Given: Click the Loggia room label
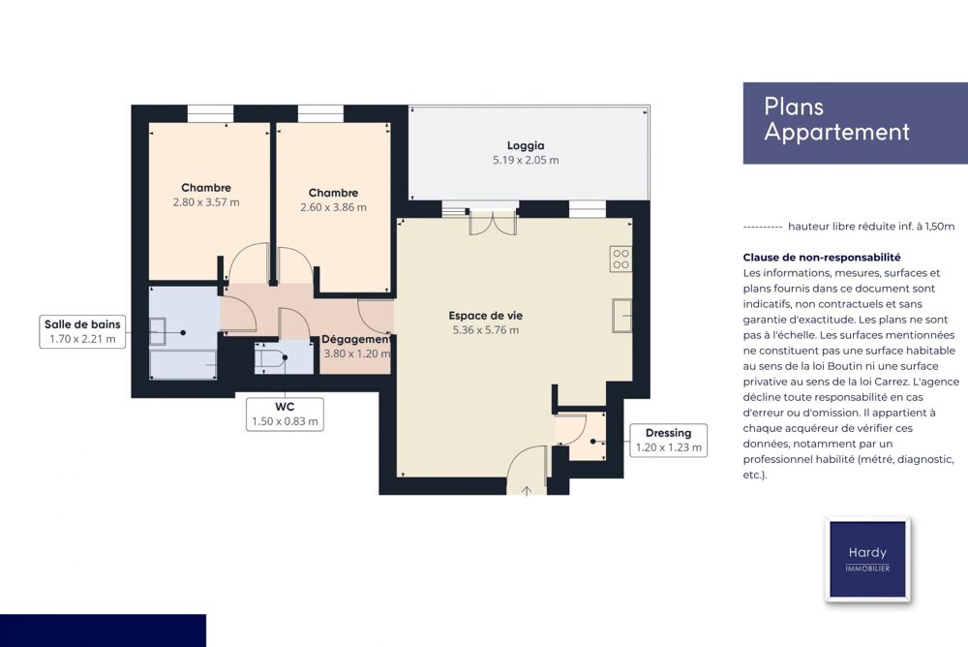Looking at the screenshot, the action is pos(526,146).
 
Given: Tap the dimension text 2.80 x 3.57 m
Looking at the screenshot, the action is pos(206,202).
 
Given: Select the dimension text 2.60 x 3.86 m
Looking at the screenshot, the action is pos(333,207).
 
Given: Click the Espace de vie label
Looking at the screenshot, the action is pos(486,316).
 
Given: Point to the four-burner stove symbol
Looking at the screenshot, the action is pos(621,260).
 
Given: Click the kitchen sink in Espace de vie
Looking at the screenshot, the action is pos(622,315).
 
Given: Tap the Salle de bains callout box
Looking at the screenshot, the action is pos(82,332).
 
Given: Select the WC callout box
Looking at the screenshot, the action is pos(285,414).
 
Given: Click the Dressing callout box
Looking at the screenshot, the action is pos(668,440).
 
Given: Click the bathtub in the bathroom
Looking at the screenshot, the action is pos(183,364).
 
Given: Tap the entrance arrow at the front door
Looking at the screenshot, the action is pos(527,491).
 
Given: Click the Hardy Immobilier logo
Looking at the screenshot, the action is pos(867,560).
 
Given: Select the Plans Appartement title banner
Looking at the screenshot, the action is pos(855,123).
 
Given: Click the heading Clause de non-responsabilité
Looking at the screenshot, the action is pos(822,258).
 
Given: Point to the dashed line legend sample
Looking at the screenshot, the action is pos(763,228).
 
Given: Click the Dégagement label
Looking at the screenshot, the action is pos(357,339).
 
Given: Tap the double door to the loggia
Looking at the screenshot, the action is pos(494,224).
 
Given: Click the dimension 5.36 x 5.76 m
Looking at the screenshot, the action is pos(486,330).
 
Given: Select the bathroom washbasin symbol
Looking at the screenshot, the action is pos(158,332).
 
